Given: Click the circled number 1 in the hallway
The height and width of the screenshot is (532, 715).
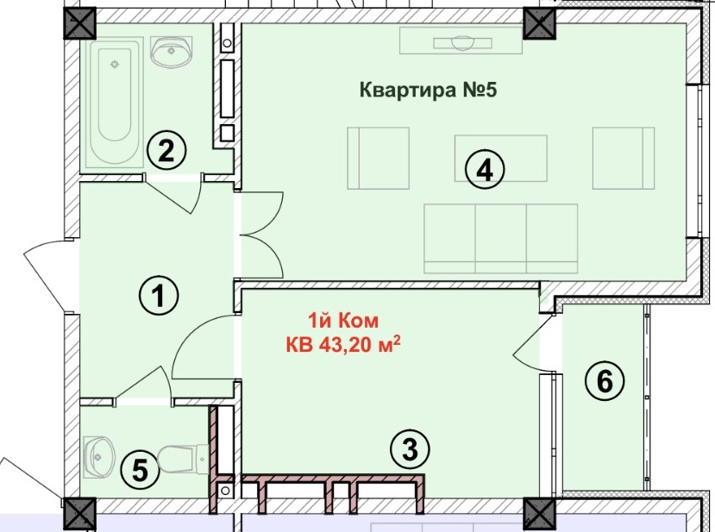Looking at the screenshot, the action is (x=159, y=296).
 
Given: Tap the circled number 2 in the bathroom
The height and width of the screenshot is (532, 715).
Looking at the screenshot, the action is (x=166, y=150).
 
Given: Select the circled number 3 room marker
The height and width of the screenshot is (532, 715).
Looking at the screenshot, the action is (x=410, y=449).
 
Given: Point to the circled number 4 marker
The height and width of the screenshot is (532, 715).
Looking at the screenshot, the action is (x=485, y=171).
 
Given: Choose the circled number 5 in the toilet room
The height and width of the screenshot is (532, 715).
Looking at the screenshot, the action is (x=140, y=470).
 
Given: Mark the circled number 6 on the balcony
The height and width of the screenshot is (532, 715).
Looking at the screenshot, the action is (x=605, y=380).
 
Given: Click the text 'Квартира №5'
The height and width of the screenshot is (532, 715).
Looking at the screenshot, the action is (x=428, y=90).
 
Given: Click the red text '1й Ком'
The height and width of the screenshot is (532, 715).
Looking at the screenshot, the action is (x=343, y=321).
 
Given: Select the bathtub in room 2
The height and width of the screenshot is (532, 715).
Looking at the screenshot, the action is (x=115, y=103).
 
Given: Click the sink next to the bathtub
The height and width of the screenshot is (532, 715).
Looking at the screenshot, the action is (x=172, y=52).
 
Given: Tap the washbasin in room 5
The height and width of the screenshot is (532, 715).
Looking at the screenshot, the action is (x=99, y=457).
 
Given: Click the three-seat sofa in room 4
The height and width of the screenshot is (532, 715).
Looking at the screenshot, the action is (x=501, y=239).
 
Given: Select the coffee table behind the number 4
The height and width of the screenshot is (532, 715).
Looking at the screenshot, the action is (x=501, y=158).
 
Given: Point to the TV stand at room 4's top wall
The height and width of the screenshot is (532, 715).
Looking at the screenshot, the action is (x=461, y=41).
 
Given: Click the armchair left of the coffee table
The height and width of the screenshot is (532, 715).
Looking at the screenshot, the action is (x=378, y=158).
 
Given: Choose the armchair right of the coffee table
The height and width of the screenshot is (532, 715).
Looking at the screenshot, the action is (x=624, y=158).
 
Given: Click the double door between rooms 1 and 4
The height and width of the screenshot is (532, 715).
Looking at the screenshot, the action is (x=260, y=235).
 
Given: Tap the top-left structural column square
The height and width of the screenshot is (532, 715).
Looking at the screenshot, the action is (x=79, y=23).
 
